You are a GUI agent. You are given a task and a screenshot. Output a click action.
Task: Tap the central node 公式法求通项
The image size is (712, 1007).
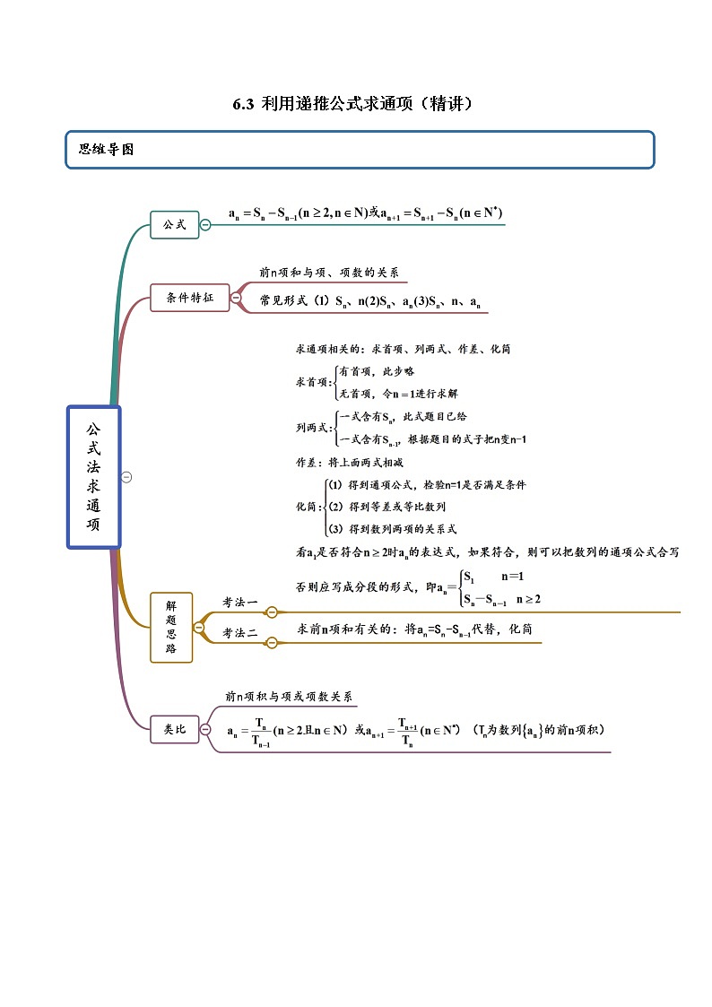pos(93,476)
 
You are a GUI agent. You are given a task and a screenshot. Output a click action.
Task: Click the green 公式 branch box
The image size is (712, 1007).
pos(174,224)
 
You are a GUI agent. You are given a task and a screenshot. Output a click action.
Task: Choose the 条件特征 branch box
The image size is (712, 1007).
pos(190,298)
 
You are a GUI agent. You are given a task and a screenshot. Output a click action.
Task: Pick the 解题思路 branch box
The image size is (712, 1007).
pos(171,628)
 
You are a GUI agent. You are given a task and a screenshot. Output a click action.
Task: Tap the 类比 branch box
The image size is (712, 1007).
pos(174,730)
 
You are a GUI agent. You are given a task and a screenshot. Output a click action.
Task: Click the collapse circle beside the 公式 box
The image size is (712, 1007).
pos(205,224)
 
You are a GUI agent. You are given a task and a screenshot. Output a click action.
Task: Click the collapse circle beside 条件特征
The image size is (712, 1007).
pos(236,298)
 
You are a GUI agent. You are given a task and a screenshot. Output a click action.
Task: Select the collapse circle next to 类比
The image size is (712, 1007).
pos(205,730)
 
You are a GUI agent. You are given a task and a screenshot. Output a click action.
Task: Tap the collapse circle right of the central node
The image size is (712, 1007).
pos(126,477)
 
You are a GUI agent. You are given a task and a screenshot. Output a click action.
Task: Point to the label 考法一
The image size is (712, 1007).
pos(240,602)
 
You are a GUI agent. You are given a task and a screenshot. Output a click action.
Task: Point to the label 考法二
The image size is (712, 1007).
pos(240,633)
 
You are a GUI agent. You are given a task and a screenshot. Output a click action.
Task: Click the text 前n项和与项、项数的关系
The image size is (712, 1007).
pos(329,273)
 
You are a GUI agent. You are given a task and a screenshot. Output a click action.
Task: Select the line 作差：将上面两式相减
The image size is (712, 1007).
pos(350,463)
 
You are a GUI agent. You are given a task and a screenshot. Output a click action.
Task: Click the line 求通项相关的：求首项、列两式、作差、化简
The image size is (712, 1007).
pos(403,349)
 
